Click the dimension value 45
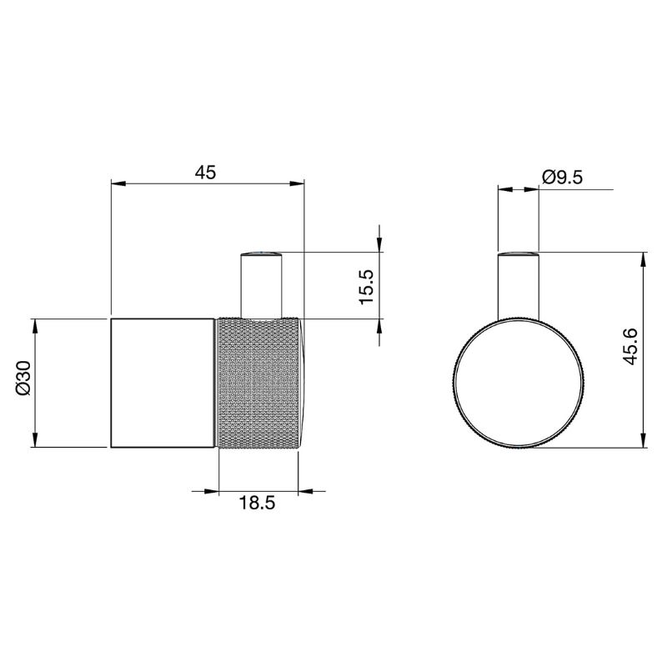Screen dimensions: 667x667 tap(205, 172)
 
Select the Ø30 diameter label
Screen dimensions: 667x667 tap(23, 378)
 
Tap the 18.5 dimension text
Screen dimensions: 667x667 tap(257, 503)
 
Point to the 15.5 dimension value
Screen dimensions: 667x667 tap(366, 286)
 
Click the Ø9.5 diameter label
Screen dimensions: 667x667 tap(562, 177)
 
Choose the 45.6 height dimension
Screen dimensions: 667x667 tap(630, 346)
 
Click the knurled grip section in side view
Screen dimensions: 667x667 tap(258, 383)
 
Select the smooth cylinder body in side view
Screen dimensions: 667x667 tap(162, 383)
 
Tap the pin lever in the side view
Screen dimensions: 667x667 tap(261, 284)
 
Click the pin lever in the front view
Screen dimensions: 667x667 tap(519, 285)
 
